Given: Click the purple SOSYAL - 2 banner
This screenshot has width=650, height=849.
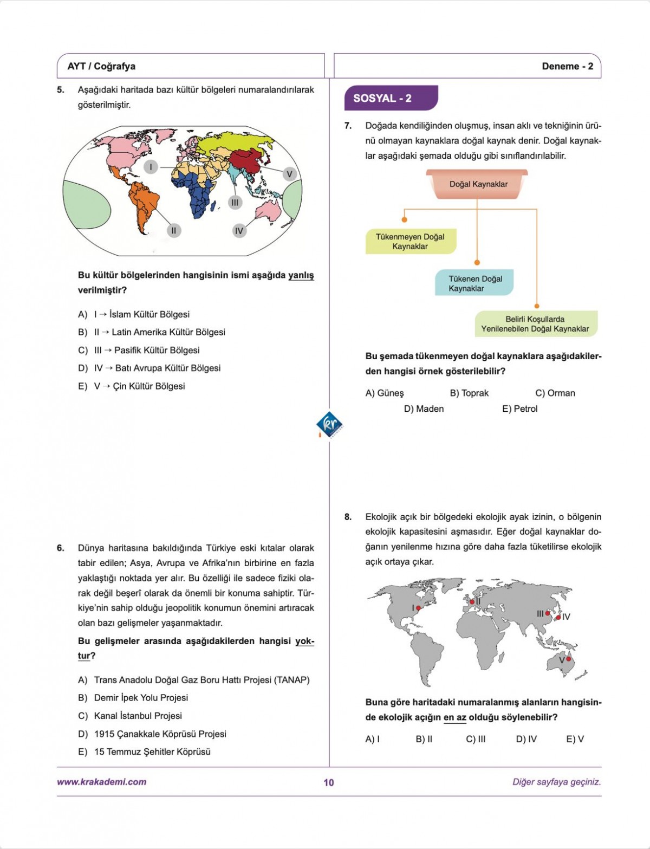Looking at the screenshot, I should click(391, 98).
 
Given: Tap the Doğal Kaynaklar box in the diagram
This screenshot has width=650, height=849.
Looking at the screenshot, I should click(477, 184).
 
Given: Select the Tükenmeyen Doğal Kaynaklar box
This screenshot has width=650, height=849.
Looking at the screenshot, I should click(410, 242).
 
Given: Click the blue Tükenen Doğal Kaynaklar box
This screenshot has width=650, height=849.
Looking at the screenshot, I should click(474, 283).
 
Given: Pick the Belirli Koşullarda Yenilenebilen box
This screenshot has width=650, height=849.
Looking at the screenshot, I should click(535, 324).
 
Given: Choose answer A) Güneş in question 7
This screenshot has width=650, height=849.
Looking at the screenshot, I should click(384, 393).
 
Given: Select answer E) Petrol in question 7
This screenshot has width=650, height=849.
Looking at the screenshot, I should click(519, 409).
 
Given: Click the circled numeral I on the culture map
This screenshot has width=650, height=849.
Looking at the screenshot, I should click(151, 167).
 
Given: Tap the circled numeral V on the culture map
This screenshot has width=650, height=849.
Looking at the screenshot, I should click(289, 174).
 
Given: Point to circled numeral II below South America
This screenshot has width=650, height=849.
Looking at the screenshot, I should click(173, 231).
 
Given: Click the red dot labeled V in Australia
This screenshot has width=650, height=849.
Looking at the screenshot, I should click(569, 659).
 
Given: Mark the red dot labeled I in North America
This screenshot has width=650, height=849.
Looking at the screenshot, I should click(418, 608).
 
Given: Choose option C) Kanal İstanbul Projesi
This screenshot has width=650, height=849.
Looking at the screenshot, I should click(138, 716).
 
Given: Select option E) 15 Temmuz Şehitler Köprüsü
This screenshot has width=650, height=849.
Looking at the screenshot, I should click(152, 752).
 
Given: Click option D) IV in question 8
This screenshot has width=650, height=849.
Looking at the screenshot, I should click(526, 739).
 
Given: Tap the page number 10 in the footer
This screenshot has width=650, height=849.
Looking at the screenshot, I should click(329, 782).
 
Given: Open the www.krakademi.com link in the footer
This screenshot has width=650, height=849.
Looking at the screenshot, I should click(101, 782).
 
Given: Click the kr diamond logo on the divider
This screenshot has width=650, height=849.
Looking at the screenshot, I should click(329, 425).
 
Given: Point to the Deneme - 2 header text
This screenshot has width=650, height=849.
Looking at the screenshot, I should click(567, 67).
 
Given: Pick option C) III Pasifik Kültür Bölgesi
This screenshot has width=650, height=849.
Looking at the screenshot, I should click(146, 351).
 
